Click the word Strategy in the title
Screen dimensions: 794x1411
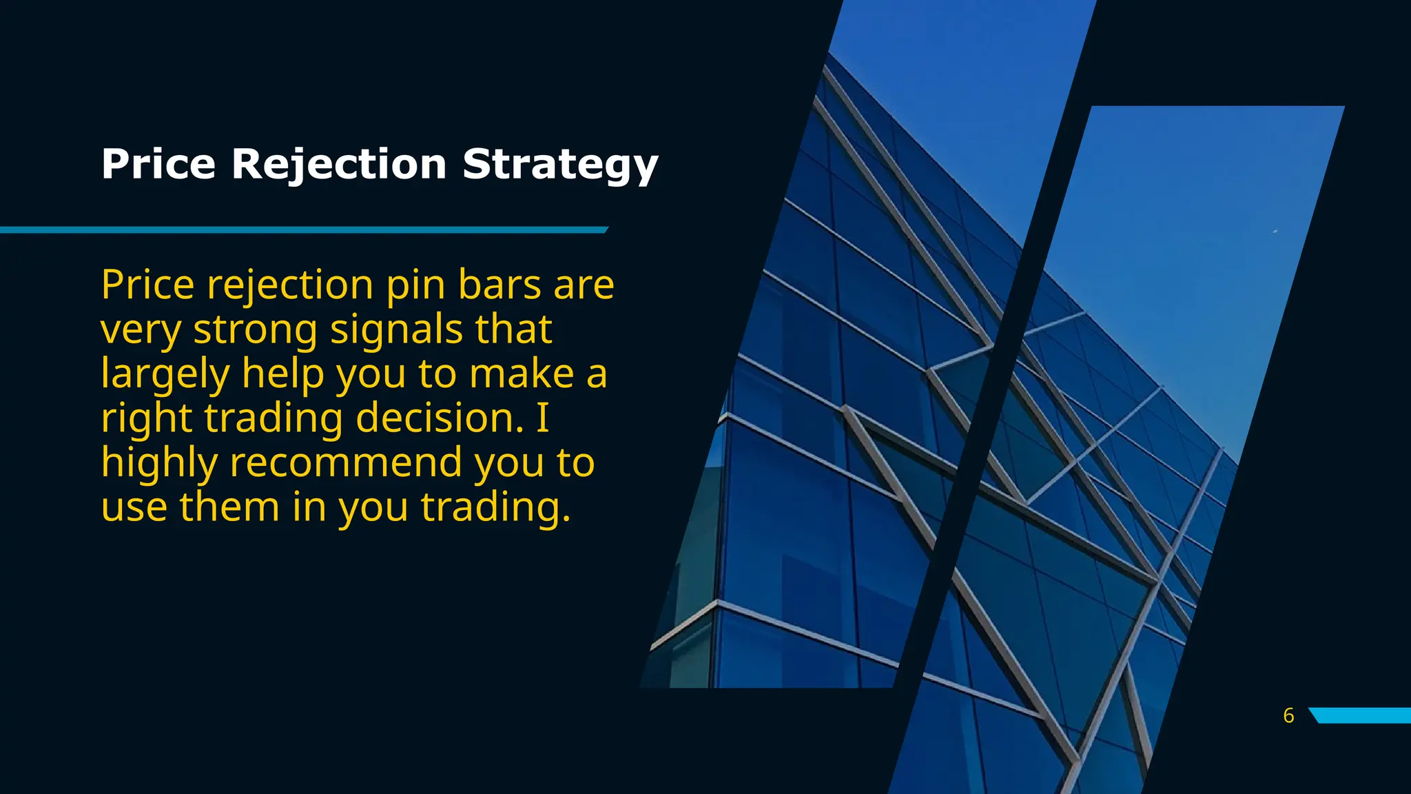(560, 165)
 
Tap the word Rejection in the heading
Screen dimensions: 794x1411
(339, 165)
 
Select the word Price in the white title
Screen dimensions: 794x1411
(158, 165)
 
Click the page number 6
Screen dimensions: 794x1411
(1288, 715)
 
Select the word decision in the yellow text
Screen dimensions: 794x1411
(440, 418)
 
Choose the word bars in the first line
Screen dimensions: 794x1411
(499, 285)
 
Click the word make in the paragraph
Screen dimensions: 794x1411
(522, 374)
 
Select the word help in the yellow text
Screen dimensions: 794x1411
(282, 374)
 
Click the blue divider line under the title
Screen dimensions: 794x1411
(303, 230)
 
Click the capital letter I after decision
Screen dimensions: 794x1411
(542, 418)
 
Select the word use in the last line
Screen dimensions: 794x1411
(134, 508)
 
